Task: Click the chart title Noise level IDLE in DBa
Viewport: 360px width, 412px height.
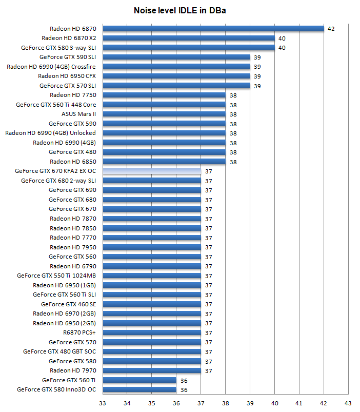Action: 179,10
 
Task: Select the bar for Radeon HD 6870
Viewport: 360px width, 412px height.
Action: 213,29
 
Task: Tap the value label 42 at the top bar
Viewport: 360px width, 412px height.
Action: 331,29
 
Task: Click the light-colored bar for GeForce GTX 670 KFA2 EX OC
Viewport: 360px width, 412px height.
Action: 152,171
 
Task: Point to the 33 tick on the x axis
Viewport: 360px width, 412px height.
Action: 103,403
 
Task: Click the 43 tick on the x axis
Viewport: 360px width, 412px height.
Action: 348,403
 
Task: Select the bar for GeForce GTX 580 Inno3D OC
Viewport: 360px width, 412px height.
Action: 139,389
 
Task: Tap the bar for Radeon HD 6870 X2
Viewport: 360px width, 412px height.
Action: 189,38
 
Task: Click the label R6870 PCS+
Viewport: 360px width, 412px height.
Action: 79,332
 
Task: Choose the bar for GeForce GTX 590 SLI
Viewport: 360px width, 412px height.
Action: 176,57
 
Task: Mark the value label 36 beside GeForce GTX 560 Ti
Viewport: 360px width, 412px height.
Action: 184,380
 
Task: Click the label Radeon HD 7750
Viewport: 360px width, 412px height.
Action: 73,95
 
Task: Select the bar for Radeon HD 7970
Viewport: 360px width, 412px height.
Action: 152,370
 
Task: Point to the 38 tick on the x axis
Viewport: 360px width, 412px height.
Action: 225,403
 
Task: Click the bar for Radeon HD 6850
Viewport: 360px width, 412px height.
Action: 164,162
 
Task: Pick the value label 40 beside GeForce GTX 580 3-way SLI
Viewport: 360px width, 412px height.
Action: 282,48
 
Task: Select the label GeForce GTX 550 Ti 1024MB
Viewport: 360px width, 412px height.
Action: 56,276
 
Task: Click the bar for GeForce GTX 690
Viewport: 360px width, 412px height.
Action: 152,190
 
